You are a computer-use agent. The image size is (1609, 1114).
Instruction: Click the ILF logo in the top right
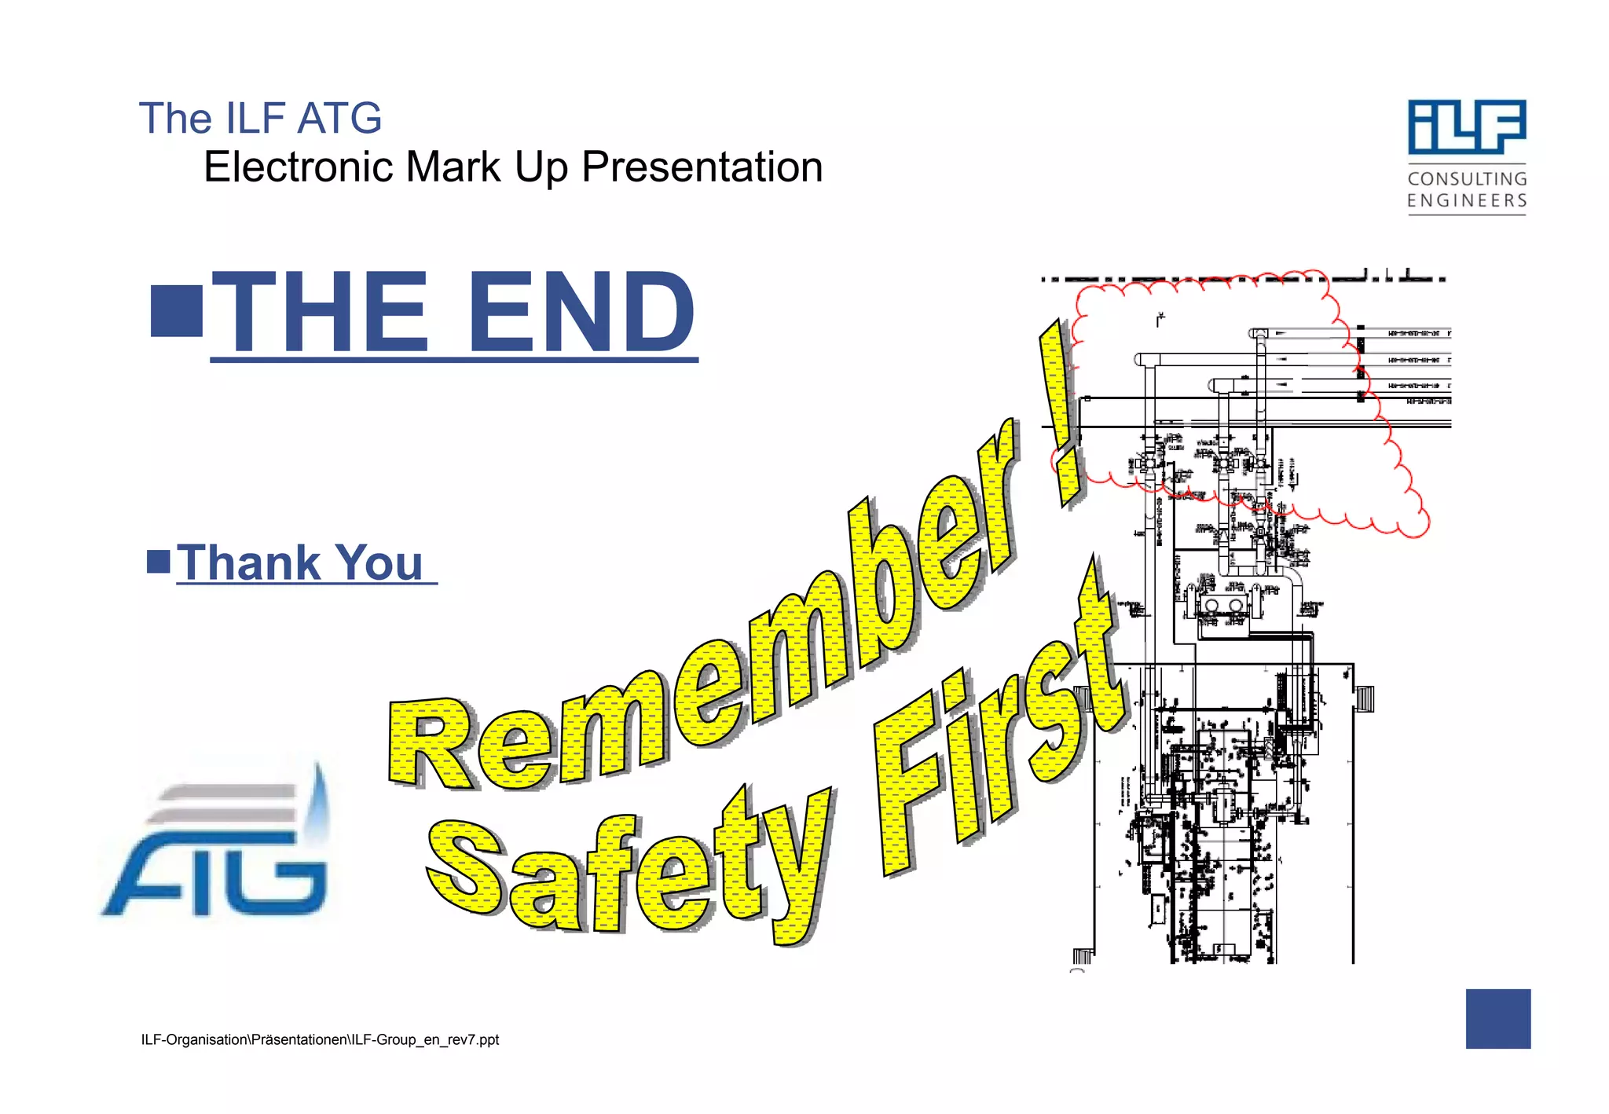[1466, 127]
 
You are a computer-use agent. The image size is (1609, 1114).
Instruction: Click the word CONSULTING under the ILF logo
[1467, 179]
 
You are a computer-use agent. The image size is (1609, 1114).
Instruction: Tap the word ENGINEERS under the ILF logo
[1467, 201]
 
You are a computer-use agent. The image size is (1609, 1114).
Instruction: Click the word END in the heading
[581, 312]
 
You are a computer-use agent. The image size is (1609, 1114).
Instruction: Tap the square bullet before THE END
[177, 312]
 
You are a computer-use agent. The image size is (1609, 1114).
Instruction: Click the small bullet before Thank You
[159, 562]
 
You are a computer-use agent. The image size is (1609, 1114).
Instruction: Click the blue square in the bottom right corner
[1497, 1018]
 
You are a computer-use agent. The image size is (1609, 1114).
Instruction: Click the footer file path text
[320, 1039]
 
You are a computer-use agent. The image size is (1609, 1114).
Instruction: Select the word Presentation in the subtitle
[702, 167]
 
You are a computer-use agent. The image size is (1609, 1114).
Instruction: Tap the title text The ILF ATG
[260, 119]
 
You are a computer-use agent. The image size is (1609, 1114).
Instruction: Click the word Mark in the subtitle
[453, 167]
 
